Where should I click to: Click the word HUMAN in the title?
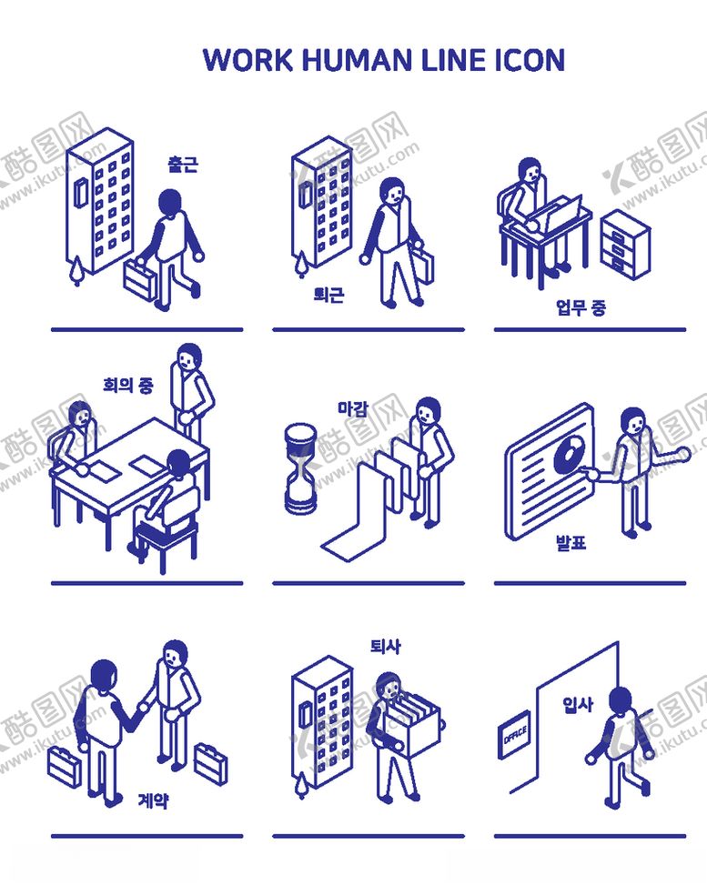357,60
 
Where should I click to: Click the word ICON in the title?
530,60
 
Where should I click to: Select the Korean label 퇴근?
328,294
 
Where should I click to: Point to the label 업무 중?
581,307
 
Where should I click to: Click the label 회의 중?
128,385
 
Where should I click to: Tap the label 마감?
352,407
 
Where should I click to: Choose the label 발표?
571,542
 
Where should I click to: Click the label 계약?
153,800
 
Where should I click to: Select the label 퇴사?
386,646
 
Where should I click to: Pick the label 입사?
578,704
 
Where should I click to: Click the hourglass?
300,469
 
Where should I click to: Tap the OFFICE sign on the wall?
514,734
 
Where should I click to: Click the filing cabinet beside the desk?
625,245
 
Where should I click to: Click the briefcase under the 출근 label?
141,278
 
